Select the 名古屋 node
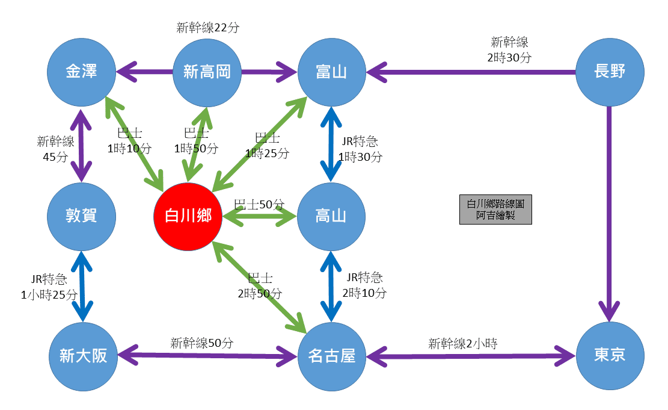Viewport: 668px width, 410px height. pos(331,356)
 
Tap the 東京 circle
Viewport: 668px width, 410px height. pos(610,356)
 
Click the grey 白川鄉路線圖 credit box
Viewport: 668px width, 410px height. pos(495,210)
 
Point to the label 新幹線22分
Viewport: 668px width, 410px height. pos(208,27)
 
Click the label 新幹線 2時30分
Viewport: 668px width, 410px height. pos(509,50)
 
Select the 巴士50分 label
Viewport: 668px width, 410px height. pos(259,204)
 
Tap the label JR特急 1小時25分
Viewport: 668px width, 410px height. pos(49,287)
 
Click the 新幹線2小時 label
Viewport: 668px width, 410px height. pos(463,344)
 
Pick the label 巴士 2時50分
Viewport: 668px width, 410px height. pos(260,286)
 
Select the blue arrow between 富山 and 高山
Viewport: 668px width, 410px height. pos(331,144)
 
